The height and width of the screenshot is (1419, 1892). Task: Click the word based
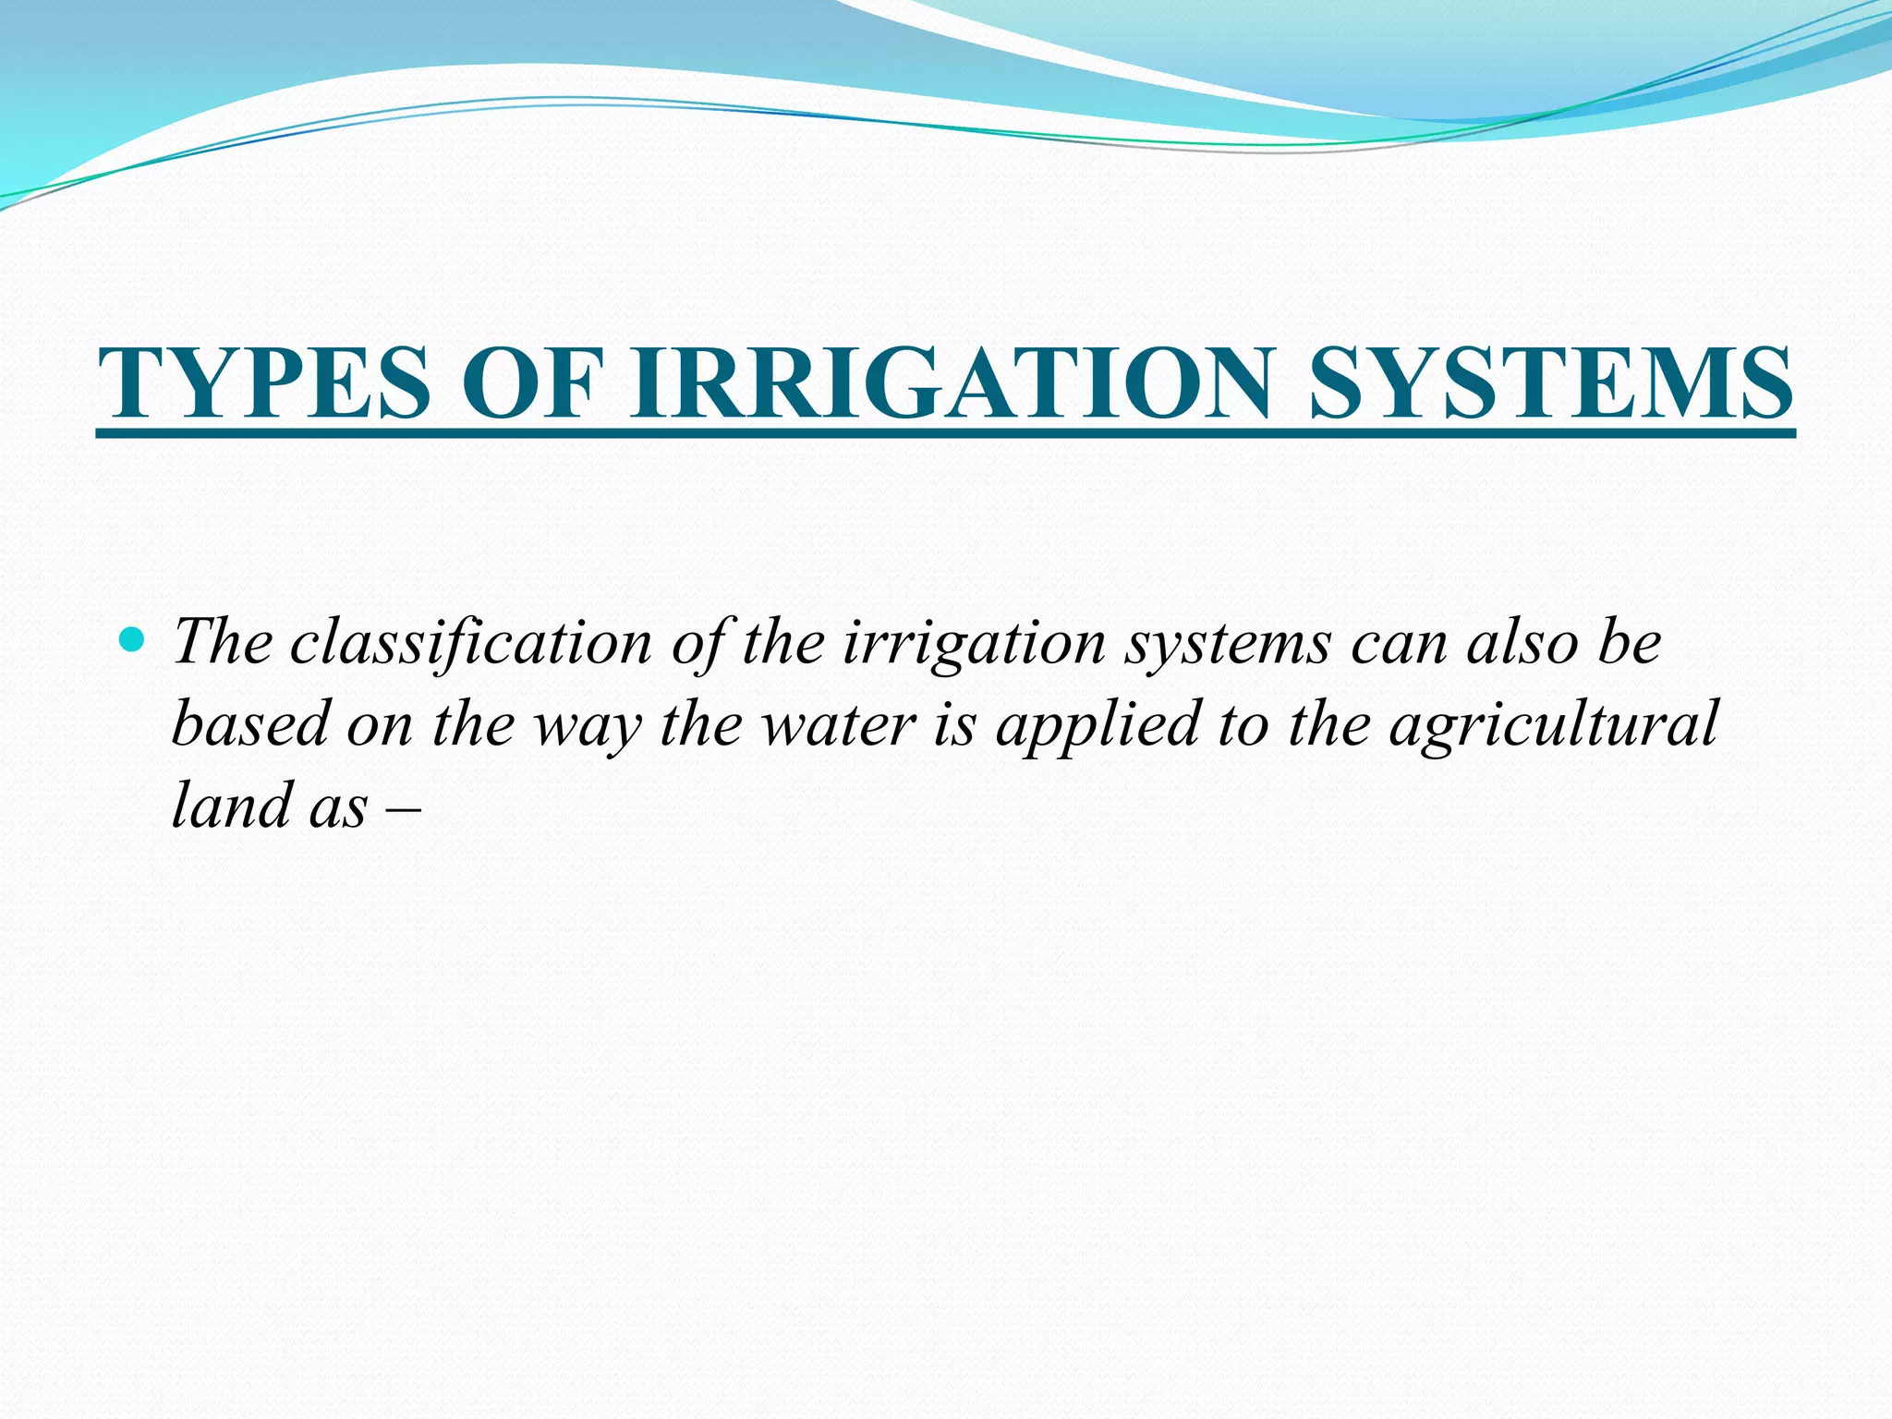250,723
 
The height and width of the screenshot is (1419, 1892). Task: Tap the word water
839,725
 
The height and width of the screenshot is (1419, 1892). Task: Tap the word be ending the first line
1631,641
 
